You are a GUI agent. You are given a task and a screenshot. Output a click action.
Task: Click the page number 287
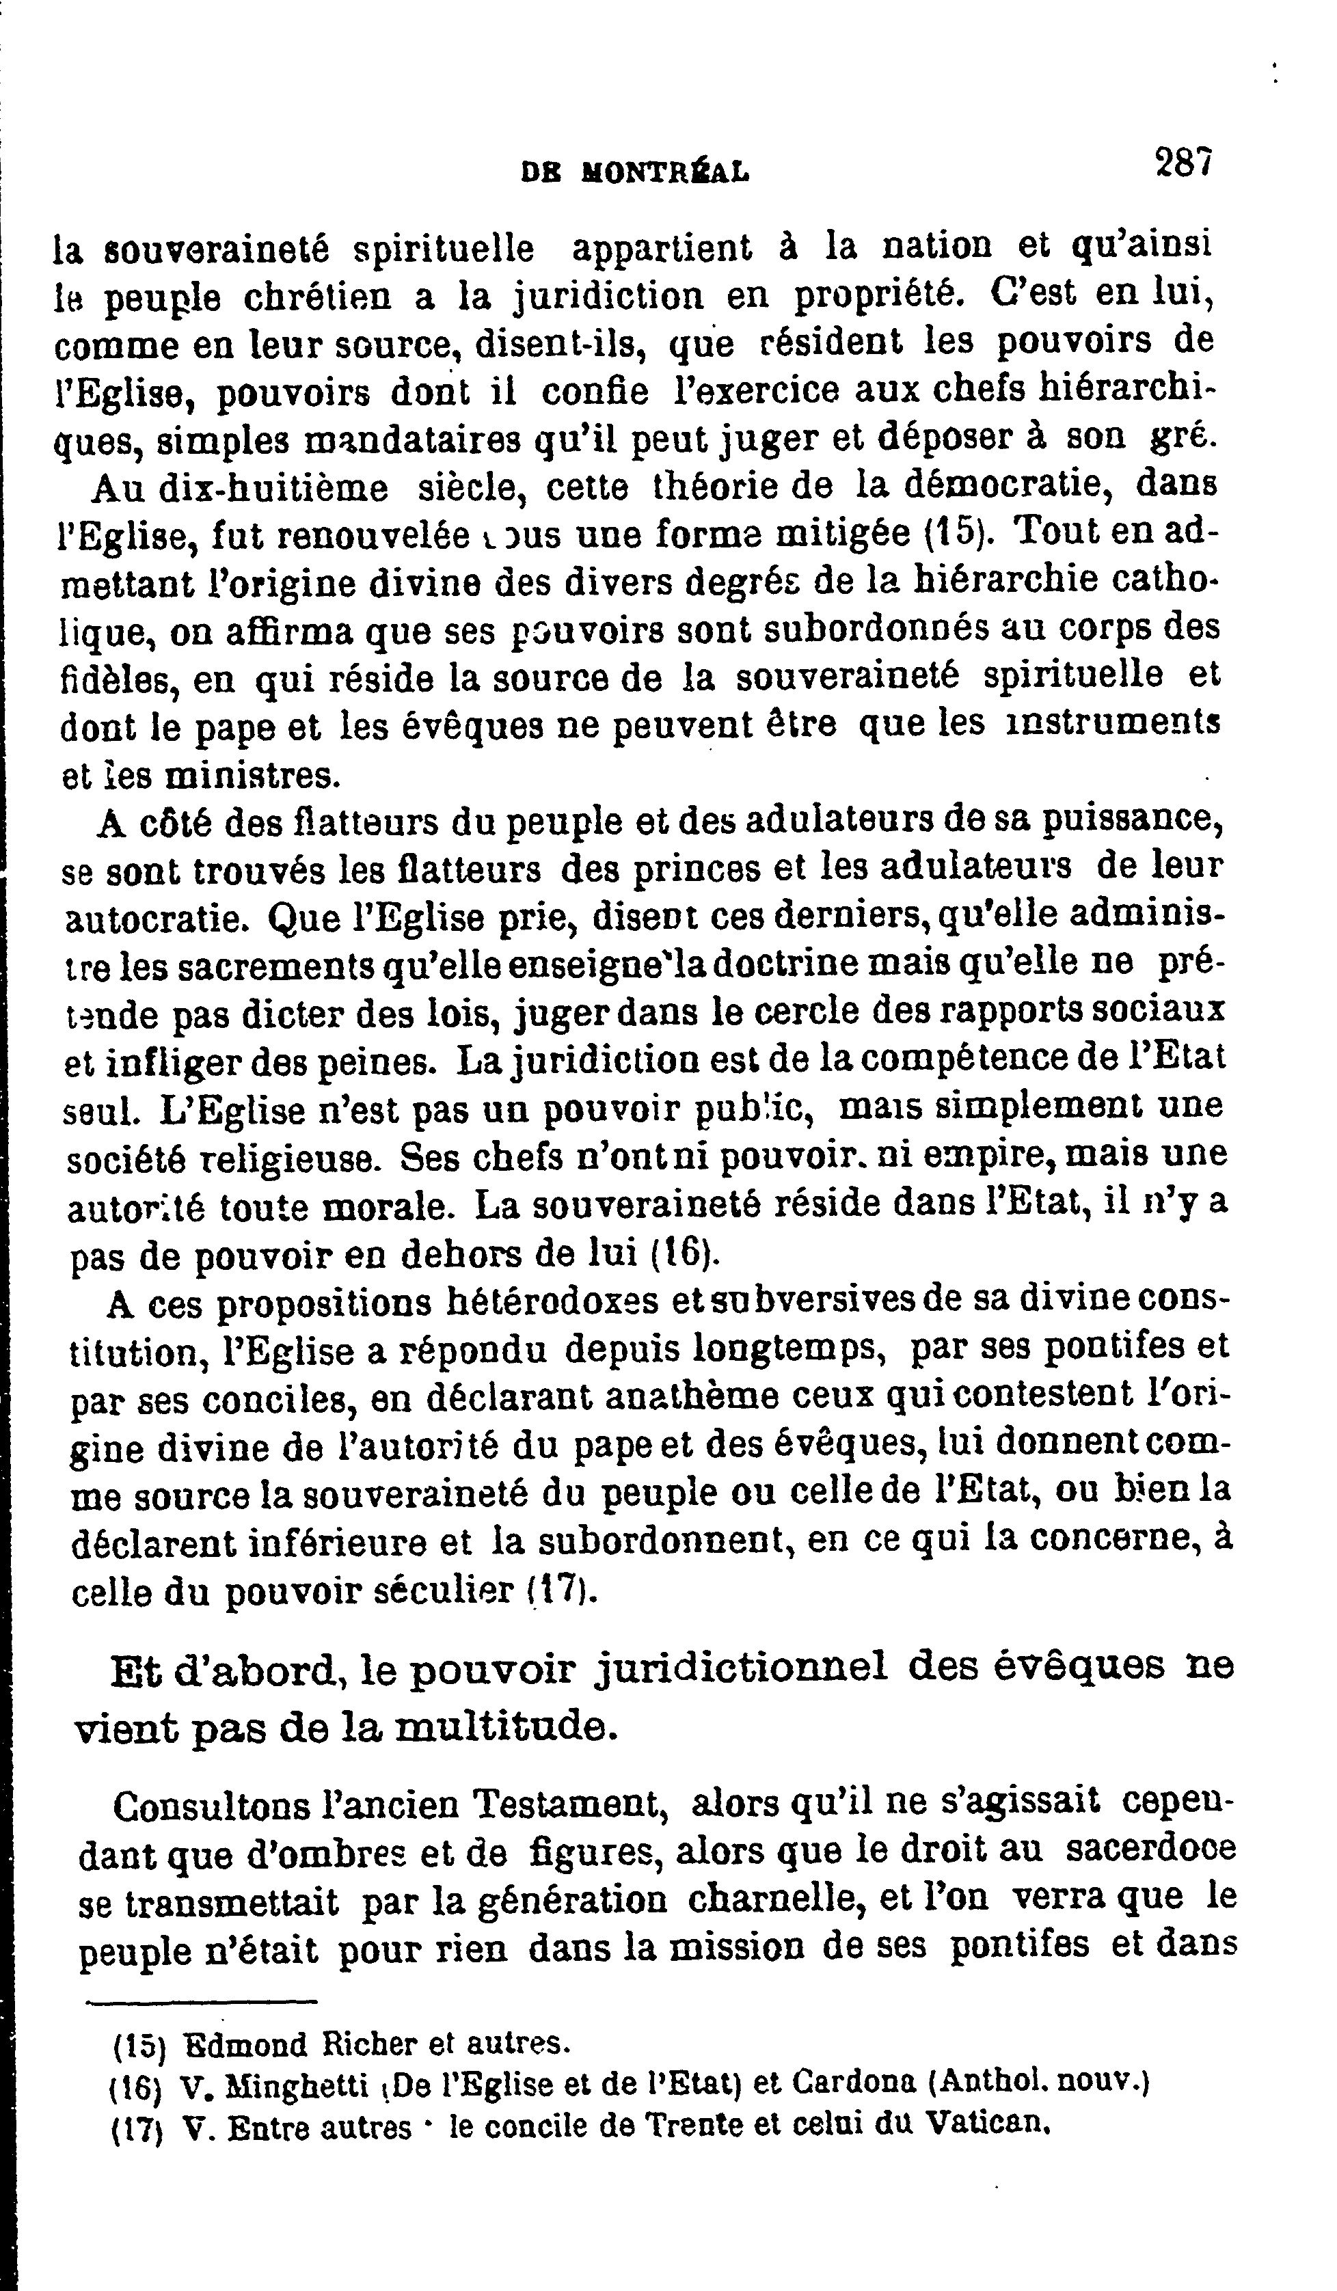point(1183,163)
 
